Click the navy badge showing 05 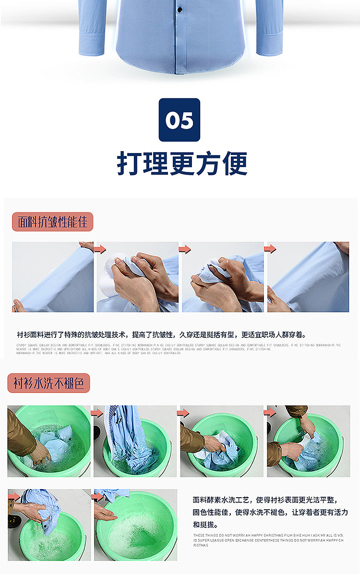180,120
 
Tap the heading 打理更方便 182,164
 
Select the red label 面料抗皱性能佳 52,222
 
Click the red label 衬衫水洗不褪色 48,383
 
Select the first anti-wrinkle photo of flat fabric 53,277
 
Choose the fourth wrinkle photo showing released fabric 308,277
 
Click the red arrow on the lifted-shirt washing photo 97,413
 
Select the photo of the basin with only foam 135,525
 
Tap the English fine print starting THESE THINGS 268,540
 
